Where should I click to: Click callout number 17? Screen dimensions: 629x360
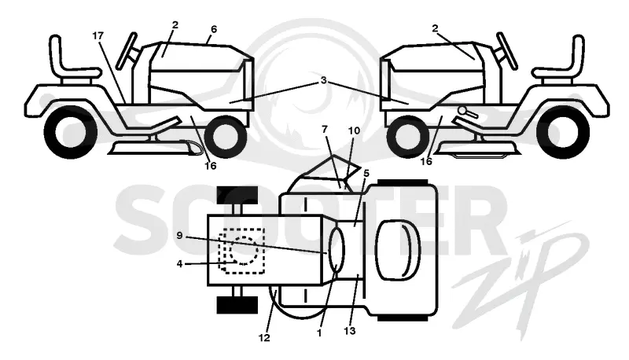97,35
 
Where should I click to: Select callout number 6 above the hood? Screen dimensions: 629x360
213,29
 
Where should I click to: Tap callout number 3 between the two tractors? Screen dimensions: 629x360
323,80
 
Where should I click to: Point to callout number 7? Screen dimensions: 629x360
325,129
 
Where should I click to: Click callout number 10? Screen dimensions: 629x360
355,130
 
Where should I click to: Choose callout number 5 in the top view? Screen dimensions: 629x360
366,173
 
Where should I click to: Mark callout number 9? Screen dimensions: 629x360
179,235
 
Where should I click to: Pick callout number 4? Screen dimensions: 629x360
179,263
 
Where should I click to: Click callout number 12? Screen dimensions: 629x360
264,338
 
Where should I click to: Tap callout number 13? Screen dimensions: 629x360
350,331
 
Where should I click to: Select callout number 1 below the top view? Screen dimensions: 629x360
319,333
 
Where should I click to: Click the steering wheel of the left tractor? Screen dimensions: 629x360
127,50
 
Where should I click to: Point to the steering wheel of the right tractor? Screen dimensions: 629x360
506,50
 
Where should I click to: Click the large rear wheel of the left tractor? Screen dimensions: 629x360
71,132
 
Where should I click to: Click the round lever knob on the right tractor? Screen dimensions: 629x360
462,111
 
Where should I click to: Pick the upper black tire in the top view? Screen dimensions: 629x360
237,195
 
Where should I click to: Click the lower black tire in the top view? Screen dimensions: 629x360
237,305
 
